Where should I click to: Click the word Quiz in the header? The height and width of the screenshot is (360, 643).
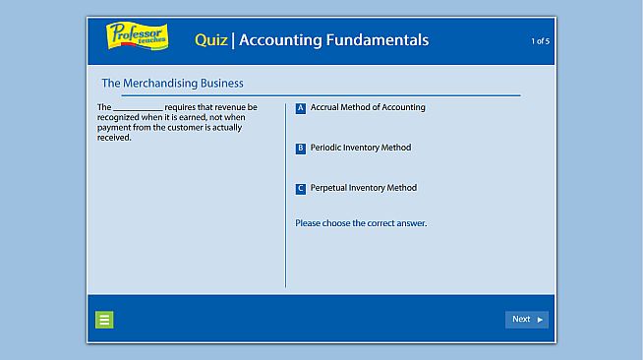pos(210,40)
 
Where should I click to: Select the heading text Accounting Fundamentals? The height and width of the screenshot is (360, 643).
pos(333,40)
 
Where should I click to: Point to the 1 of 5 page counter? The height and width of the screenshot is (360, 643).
pos(540,41)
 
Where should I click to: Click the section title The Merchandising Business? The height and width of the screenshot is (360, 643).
pos(172,84)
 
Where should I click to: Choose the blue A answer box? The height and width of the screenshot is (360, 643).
pos(301,108)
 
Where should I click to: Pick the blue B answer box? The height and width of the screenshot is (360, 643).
pos(301,149)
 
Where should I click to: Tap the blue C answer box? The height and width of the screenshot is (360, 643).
pos(301,189)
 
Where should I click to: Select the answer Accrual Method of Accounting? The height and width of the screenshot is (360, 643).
pos(368,107)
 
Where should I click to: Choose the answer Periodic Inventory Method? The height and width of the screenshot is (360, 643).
pos(361,148)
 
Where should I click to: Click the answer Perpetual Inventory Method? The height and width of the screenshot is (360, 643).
pos(364,188)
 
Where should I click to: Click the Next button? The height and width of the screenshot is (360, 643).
pos(526,319)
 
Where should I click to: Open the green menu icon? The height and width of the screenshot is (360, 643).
pos(104,319)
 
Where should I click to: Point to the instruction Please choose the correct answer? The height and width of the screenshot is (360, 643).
pos(361,223)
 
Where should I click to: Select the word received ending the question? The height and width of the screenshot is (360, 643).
pos(114,138)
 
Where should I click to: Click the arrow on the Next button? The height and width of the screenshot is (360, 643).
pos(540,320)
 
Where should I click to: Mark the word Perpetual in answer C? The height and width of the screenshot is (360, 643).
pos(329,188)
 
